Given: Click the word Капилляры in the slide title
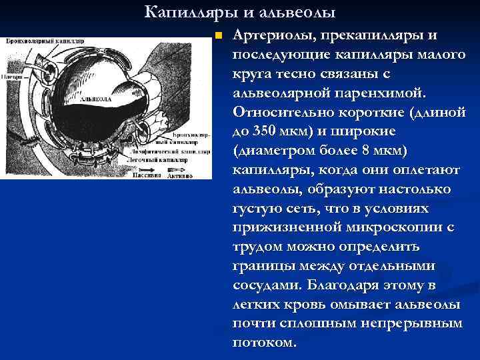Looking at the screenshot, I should [177, 13].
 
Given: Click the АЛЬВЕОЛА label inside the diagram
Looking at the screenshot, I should [95, 99].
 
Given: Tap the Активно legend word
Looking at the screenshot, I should [180, 176].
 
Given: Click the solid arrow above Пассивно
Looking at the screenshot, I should [147, 169].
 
